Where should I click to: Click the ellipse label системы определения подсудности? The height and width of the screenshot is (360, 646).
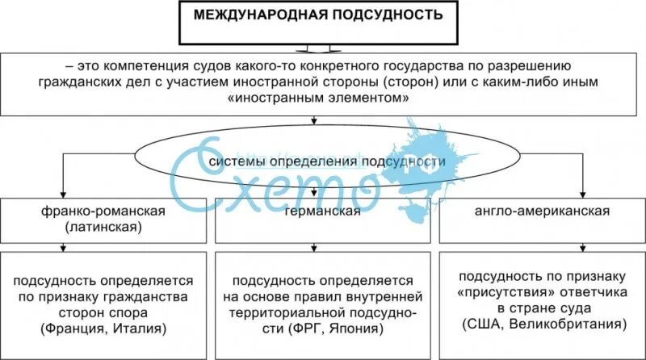tap(327, 162)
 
